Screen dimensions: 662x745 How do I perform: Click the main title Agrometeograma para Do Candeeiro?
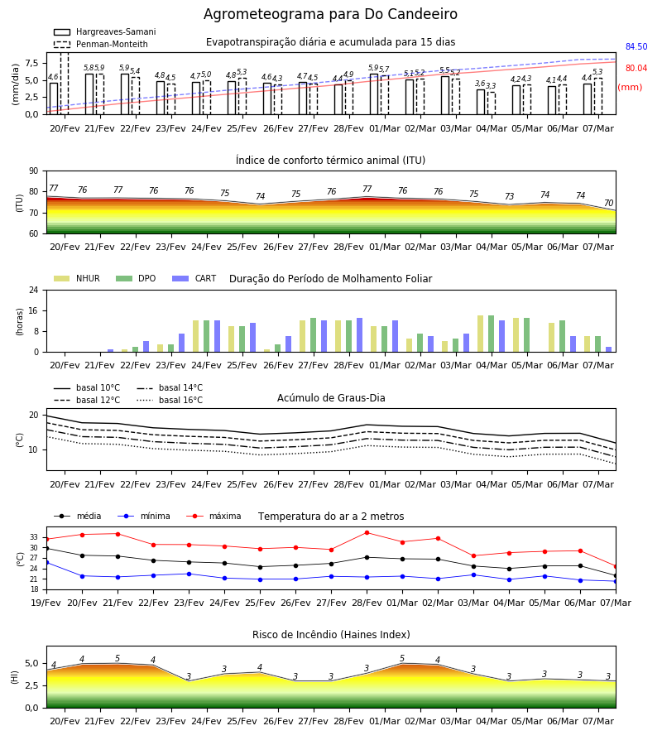pos(330,14)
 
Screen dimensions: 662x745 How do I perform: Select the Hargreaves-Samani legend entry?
pos(105,31)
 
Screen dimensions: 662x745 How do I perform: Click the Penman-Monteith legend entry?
pos(101,44)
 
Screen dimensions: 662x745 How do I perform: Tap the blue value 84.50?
pos(636,46)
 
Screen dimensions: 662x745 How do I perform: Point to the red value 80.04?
pos(636,68)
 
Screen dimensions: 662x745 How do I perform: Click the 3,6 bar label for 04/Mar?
pos(480,84)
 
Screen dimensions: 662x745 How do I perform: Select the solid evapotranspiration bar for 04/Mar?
pos(481,102)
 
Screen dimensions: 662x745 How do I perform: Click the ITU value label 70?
pos(608,203)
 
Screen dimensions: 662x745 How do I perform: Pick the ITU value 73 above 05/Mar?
pos(509,196)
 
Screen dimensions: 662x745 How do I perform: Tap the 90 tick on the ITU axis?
pos(34,171)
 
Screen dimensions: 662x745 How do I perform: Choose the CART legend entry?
pos(194,278)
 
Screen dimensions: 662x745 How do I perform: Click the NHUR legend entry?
pos(77,278)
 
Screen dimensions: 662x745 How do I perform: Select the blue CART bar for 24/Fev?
pos(217,336)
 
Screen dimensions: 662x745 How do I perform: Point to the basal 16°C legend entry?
pos(170,400)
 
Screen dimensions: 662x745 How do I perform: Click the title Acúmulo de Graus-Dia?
pos(331,398)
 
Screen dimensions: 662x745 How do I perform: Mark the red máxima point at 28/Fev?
pos(367,532)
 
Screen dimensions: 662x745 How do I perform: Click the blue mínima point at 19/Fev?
pos(46,563)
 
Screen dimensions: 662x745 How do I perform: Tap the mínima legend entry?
pos(146,516)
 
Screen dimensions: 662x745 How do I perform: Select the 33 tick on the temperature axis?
pos(34,537)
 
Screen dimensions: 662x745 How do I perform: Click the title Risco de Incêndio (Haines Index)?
pos(331,635)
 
